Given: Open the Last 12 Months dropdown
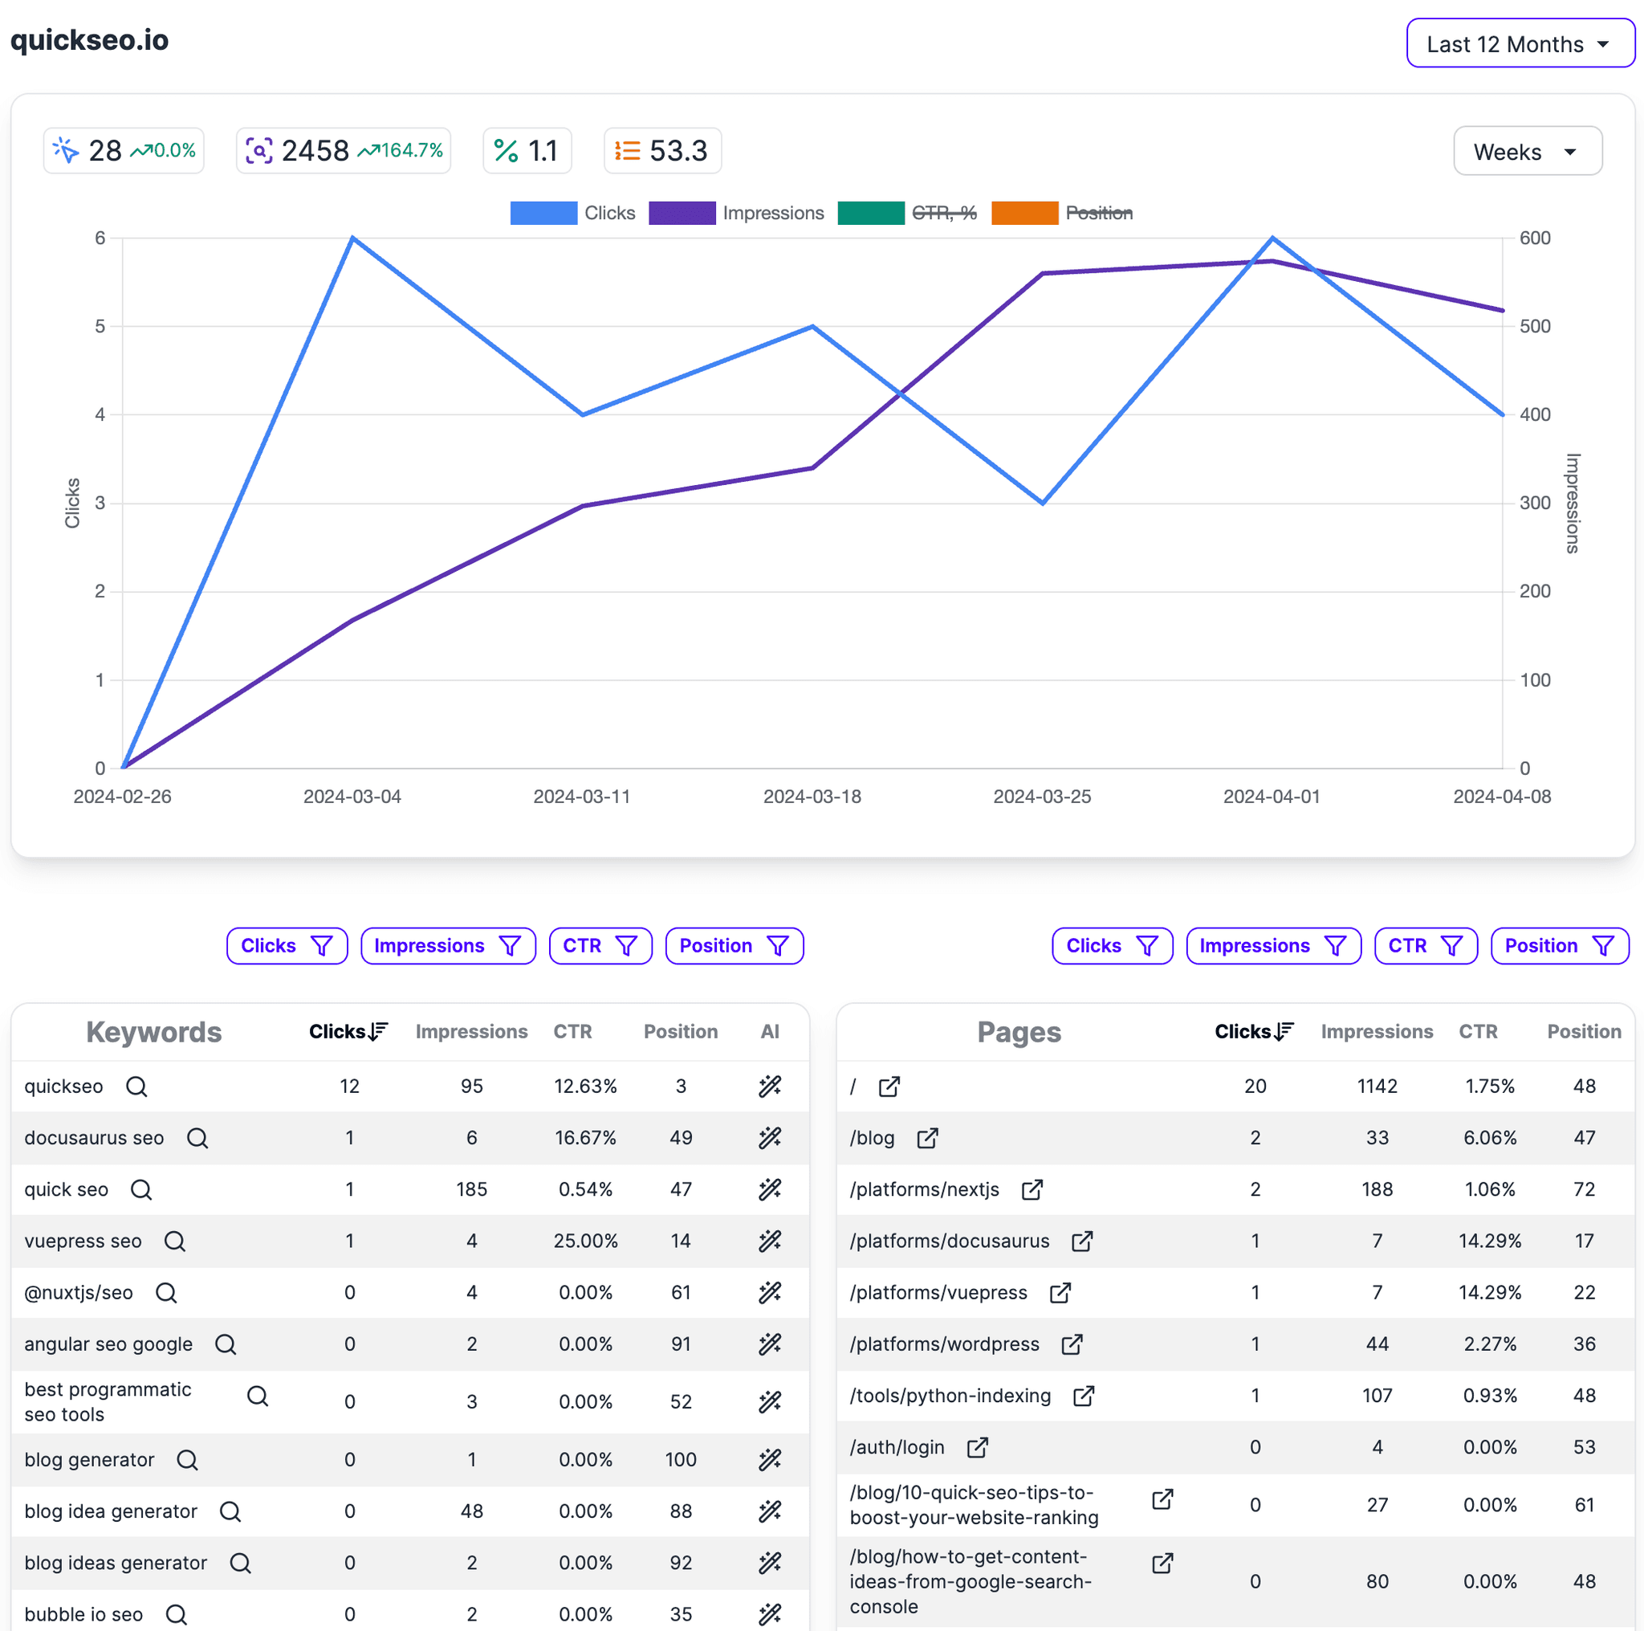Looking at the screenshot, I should [1520, 43].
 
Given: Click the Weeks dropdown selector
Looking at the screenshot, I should [1527, 152].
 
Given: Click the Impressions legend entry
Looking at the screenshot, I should [736, 213].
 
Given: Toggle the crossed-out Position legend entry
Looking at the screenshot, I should [1062, 213].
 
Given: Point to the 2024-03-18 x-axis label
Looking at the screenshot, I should [812, 797].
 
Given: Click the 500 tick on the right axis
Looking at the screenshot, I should [1534, 326].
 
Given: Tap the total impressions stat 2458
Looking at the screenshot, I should [315, 151].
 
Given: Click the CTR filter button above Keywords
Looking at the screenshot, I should [600, 946].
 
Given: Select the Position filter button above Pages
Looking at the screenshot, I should [1559, 946].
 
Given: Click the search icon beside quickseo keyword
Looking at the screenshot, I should [136, 1087].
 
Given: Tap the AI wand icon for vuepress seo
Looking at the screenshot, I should [769, 1242].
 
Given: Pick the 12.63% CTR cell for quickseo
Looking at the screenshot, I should [585, 1087].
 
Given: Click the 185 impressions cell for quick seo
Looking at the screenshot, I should [471, 1189].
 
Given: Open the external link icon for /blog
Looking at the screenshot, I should [927, 1138].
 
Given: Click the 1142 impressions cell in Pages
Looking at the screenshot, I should [1377, 1087].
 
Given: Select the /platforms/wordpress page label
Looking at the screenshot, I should [945, 1344].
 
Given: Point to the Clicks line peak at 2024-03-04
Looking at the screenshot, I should [352, 238].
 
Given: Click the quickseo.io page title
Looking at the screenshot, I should [89, 40].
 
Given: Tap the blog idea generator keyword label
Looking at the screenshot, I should [111, 1511].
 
